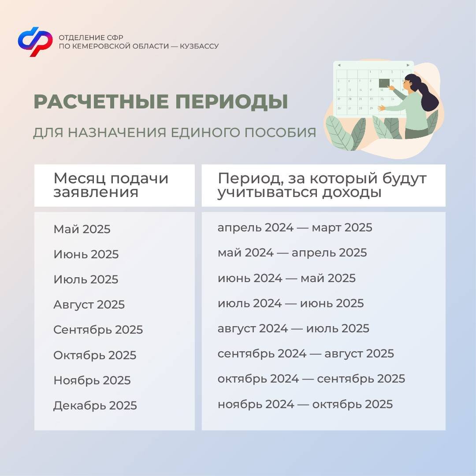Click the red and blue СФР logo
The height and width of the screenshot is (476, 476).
(35, 41)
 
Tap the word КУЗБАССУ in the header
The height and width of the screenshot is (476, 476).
(199, 46)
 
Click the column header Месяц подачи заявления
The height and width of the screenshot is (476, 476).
(111, 185)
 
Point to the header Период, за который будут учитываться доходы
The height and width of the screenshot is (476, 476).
(322, 185)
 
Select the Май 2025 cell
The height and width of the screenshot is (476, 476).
(82, 229)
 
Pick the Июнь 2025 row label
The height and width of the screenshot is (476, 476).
(86, 254)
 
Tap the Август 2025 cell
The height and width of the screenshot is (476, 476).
(89, 305)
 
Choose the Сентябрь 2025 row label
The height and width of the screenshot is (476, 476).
(98, 330)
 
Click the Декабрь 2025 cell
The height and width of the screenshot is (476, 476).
(95, 405)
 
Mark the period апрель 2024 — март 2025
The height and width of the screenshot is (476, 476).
(295, 228)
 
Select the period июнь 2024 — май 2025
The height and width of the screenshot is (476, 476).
(286, 278)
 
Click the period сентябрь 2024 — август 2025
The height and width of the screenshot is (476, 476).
(306, 353)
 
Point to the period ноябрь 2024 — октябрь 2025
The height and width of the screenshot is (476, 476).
(305, 404)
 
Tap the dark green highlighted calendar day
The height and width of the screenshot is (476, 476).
(384, 83)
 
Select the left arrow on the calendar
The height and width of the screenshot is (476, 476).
(339, 65)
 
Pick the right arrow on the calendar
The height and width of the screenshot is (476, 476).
(408, 65)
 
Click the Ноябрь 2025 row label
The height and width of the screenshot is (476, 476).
(92, 380)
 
